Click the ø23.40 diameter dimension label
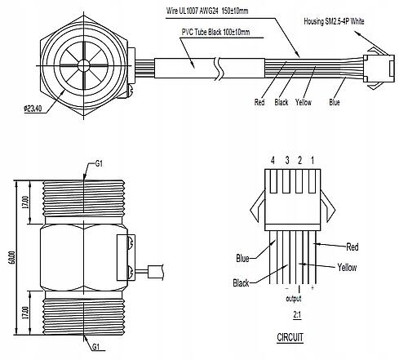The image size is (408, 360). pos(33,109)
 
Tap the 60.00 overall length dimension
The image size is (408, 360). pos(12,258)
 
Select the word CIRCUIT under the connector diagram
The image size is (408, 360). pos(290,337)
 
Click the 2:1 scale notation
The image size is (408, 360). pos(297,315)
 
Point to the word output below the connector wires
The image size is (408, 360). pos(294,299)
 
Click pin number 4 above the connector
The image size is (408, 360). pos(273,161)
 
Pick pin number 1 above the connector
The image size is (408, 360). pos(313,161)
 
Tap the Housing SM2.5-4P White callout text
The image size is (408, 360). pos(334,21)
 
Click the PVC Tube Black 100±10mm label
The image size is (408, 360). pos(215,32)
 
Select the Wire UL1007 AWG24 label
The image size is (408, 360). pos(193,11)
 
